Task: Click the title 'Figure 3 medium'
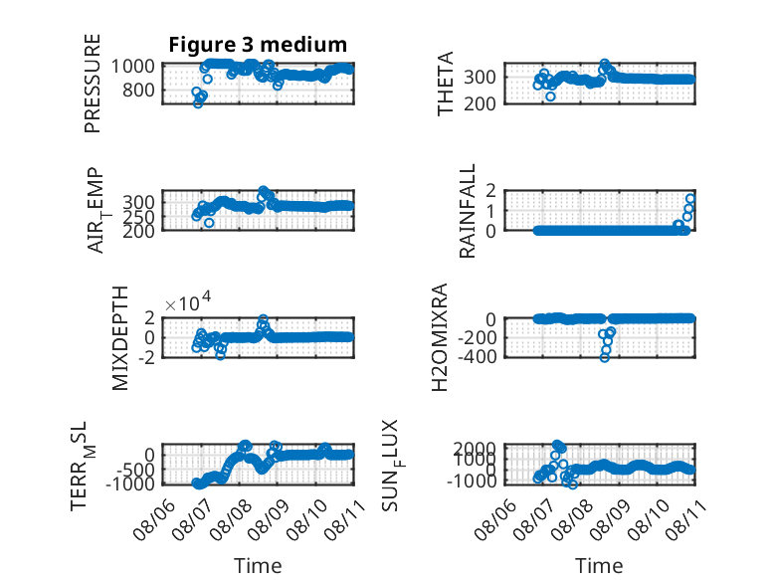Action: (258, 45)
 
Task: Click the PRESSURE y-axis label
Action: (93, 84)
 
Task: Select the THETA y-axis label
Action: (446, 84)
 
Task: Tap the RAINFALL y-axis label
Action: (467, 211)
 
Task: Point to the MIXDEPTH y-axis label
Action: (120, 338)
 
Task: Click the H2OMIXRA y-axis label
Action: (440, 337)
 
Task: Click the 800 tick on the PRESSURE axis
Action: (138, 90)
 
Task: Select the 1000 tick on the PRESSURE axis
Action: (132, 66)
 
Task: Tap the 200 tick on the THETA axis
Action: (480, 103)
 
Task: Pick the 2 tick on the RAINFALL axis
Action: (490, 190)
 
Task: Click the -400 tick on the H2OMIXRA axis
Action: (477, 356)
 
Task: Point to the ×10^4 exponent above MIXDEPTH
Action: (188, 302)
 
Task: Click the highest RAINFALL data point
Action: (690, 198)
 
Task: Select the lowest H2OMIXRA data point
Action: (605, 357)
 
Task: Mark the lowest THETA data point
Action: (550, 97)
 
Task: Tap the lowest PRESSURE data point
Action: (198, 103)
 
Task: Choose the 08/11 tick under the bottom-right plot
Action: (686, 519)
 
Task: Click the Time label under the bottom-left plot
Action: (258, 565)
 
